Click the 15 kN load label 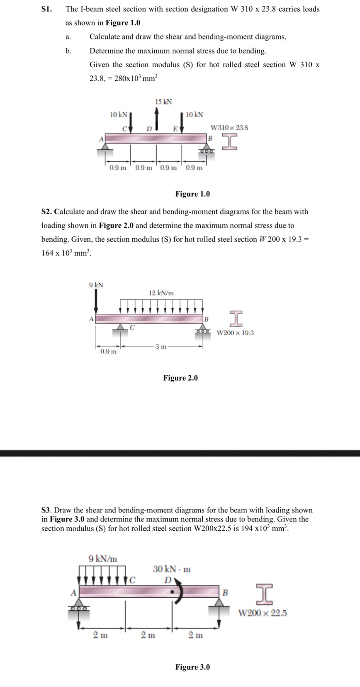coord(163,102)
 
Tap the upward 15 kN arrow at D coord(156,119)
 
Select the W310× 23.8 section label coord(229,128)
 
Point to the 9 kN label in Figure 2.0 coord(96,285)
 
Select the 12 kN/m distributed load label coord(161,293)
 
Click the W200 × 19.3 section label coord(235,333)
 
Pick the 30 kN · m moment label coord(172,569)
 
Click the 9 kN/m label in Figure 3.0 coord(103,558)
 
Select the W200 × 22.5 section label coord(263,613)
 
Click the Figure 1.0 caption coord(192,194)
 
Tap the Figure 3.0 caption coord(192,667)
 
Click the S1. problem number coord(47,9)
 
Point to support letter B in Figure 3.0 coord(225,592)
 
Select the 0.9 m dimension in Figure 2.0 coord(108,352)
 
